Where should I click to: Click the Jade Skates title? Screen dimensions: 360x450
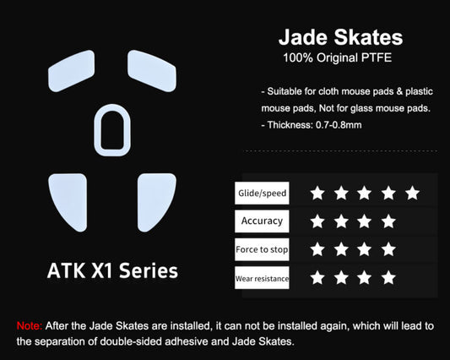(x=340, y=38)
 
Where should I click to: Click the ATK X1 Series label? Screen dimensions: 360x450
(x=112, y=271)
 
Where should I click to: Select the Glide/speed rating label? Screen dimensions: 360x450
(x=262, y=194)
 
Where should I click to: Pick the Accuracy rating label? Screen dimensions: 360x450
(x=262, y=221)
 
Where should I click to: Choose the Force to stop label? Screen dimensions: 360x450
(x=262, y=249)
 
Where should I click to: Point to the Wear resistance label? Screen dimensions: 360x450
(x=262, y=277)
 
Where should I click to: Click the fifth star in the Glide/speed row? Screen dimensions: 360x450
(x=412, y=194)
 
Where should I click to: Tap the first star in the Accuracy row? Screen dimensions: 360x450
(x=317, y=221)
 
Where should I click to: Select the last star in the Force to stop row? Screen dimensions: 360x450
(x=388, y=249)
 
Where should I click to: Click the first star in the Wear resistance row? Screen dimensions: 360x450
(x=317, y=277)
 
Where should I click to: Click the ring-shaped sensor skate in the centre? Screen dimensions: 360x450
(x=112, y=130)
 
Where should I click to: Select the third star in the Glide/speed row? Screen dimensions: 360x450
(x=364, y=194)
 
